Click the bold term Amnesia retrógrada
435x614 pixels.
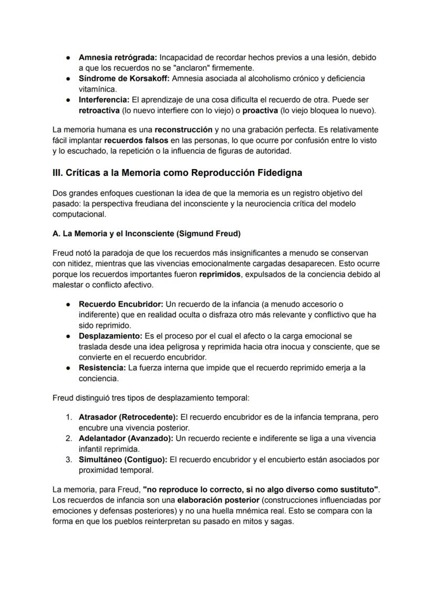tap(117, 57)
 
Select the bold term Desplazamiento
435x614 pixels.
tap(110, 336)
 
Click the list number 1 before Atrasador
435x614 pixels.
tap(69, 417)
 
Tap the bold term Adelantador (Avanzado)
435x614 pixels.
tap(126, 438)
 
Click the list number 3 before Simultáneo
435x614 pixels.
tap(69, 459)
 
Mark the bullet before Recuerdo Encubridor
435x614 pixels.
tap(68, 304)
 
